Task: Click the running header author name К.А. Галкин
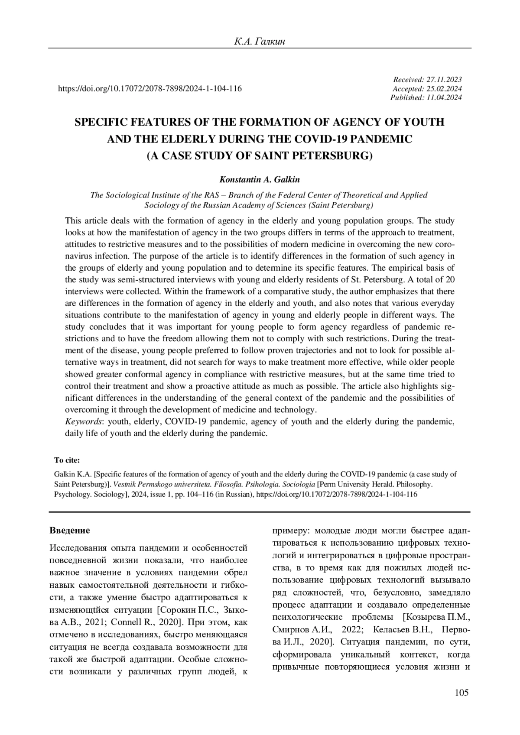[260, 42]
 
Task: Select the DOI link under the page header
[149, 89]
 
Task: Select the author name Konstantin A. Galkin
[260, 179]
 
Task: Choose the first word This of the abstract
[73, 221]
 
